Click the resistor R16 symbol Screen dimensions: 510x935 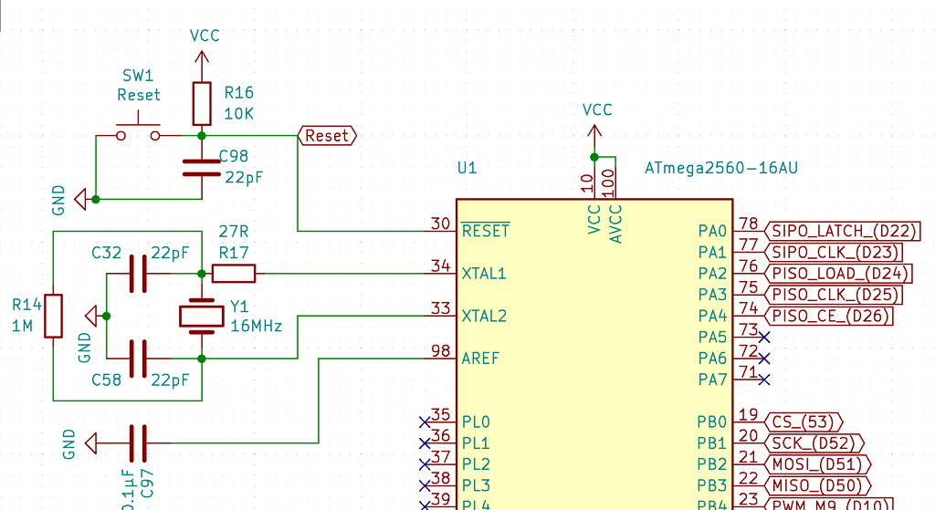coord(202,103)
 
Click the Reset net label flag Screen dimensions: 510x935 coord(327,136)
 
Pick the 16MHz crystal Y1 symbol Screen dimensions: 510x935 coord(201,316)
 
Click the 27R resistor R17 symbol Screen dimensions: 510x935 coord(234,273)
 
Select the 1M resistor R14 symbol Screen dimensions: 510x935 coord(54,316)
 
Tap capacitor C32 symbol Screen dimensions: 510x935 coord(138,273)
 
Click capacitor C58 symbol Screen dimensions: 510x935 coord(138,359)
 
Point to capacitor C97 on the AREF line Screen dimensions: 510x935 coord(138,443)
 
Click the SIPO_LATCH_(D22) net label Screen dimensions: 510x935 coord(844,231)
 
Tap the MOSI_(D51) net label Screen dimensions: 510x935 coord(816,464)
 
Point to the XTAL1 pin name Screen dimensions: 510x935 coord(484,274)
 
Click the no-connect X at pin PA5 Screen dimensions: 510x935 coord(764,338)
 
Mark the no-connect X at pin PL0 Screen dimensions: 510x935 coord(424,422)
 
